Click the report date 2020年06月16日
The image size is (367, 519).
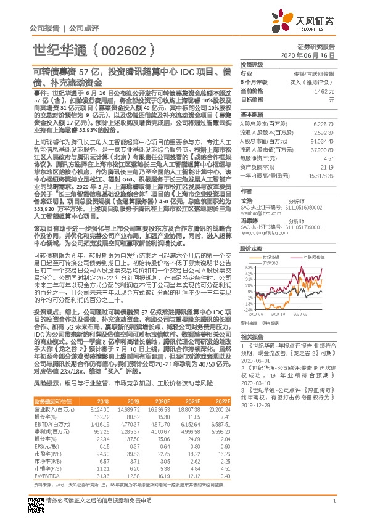point(315,55)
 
